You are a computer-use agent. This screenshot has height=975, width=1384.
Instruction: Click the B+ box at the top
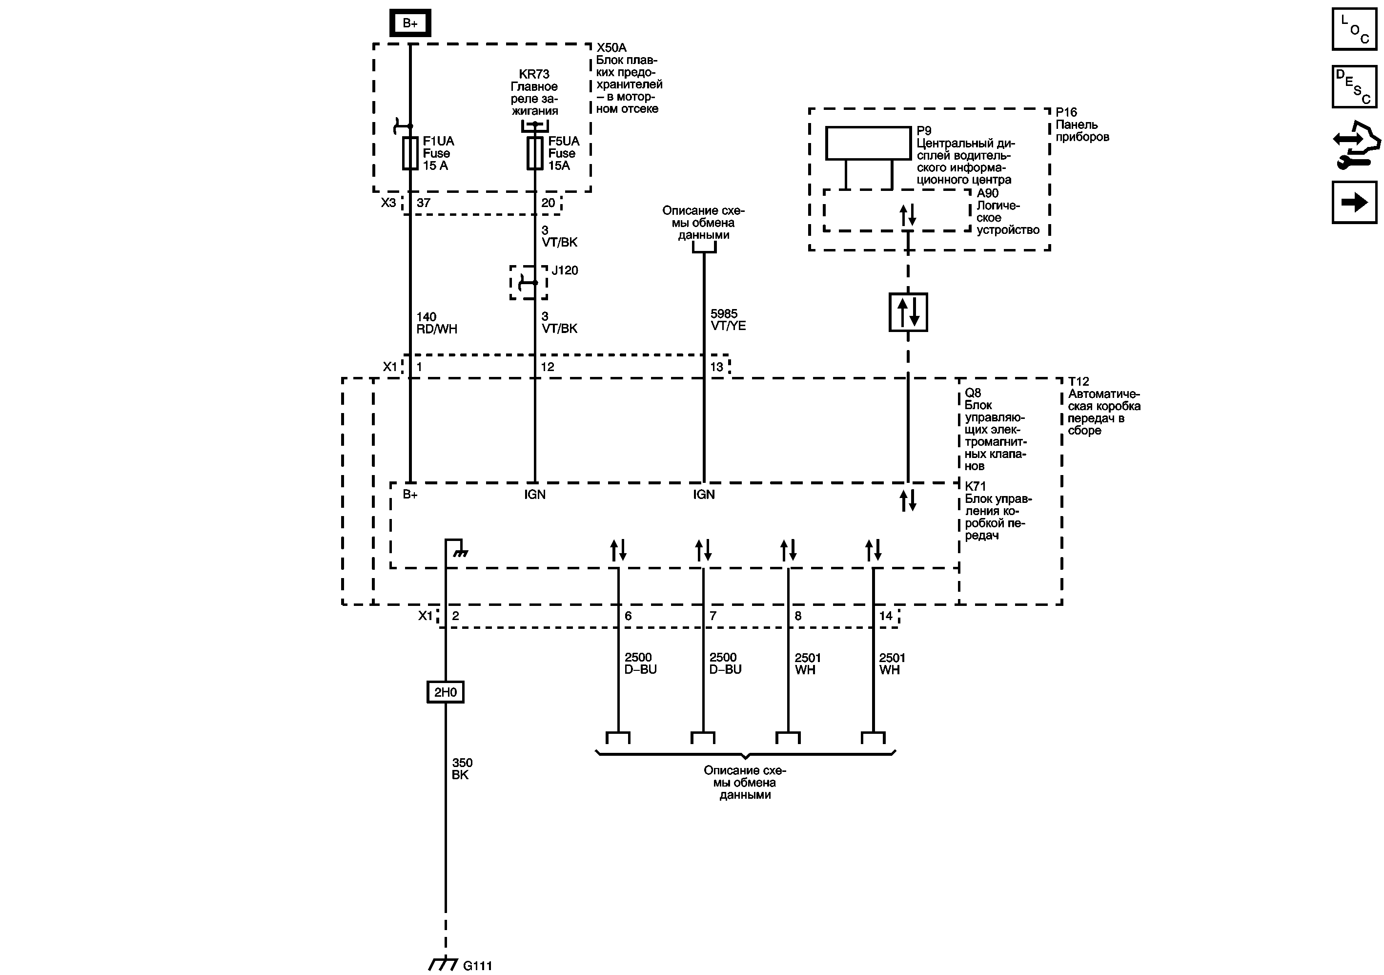coord(410,23)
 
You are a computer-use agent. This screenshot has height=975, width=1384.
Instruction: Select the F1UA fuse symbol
coord(410,153)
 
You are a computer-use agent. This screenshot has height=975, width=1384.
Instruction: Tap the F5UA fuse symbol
coord(535,153)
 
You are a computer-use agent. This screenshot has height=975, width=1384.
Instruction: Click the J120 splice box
coord(529,282)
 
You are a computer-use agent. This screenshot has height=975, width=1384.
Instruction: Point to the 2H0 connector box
coord(445,692)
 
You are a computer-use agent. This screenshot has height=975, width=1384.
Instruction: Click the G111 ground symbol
coord(443,964)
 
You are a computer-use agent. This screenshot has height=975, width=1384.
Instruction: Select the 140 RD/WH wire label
coord(436,323)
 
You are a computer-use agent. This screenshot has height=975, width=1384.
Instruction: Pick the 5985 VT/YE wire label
coord(728,320)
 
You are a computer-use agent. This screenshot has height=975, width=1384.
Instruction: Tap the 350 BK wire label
coord(462,769)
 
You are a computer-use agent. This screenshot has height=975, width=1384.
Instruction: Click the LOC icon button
coord(1354,29)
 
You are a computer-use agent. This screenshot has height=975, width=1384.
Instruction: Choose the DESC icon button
coord(1354,86)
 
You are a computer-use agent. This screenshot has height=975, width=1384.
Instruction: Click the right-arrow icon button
coord(1354,202)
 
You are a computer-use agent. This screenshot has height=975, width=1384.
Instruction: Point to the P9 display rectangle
coord(868,143)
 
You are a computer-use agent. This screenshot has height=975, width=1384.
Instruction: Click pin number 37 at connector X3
coord(423,203)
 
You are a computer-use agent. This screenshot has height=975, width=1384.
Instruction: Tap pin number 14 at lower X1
coord(885,616)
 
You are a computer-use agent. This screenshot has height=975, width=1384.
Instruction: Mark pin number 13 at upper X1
coord(716,367)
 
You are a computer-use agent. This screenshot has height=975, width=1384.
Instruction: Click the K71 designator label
coord(976,486)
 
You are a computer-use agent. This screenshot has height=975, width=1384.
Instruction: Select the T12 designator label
coord(1079,382)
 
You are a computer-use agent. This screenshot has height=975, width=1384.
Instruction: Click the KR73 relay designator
coord(534,74)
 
